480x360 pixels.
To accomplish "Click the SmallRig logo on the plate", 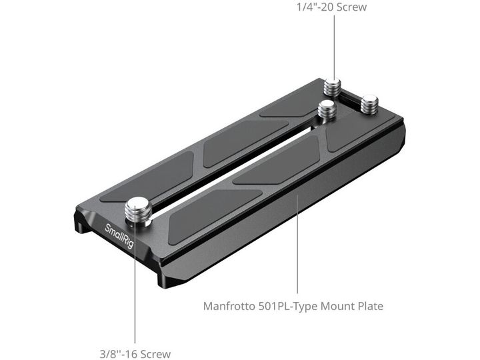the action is click(119, 236).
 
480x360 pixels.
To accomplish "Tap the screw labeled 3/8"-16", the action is click(139, 212).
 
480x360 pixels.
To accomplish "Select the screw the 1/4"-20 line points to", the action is click(333, 87).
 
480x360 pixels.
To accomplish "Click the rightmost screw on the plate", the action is click(369, 105).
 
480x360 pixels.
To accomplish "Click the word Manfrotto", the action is click(229, 306).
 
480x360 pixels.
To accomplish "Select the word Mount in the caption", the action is click(337, 306).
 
